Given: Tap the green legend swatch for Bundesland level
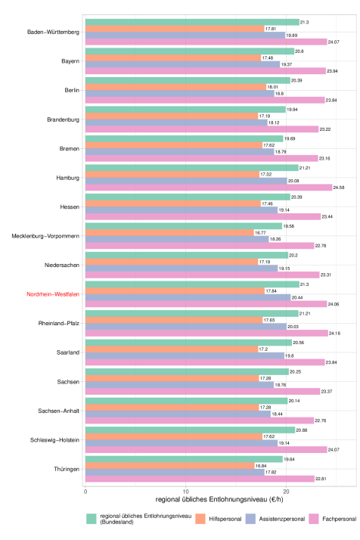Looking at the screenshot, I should [x=92, y=519].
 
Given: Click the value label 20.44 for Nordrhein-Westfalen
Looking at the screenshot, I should [x=297, y=297].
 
